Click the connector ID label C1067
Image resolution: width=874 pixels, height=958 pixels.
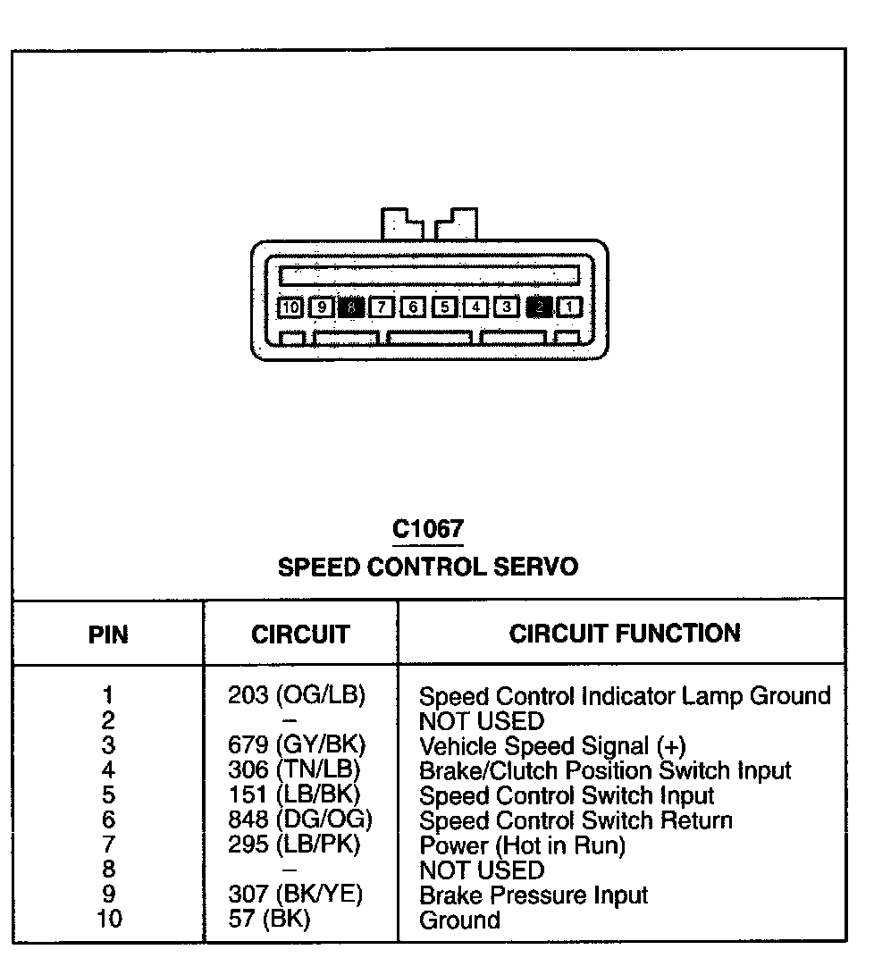[428, 529]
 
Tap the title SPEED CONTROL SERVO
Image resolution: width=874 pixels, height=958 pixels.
[428, 567]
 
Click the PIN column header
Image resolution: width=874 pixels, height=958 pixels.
[108, 635]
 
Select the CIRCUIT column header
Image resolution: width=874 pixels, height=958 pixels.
[300, 634]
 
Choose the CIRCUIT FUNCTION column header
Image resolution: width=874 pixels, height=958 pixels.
[625, 634]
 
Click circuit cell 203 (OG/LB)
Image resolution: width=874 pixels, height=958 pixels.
[297, 695]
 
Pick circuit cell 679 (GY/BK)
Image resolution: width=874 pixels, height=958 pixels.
[297, 745]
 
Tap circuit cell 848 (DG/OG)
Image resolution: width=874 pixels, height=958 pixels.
[299, 819]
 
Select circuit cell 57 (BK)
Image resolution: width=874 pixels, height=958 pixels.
[269, 919]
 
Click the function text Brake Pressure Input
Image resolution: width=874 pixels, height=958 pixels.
[534, 895]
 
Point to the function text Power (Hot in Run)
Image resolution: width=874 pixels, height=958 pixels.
[522, 845]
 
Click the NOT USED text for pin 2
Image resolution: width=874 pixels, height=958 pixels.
[481, 720]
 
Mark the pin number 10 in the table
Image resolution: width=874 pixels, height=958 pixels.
[108, 919]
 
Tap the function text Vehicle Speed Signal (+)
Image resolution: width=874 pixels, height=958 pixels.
[552, 745]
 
